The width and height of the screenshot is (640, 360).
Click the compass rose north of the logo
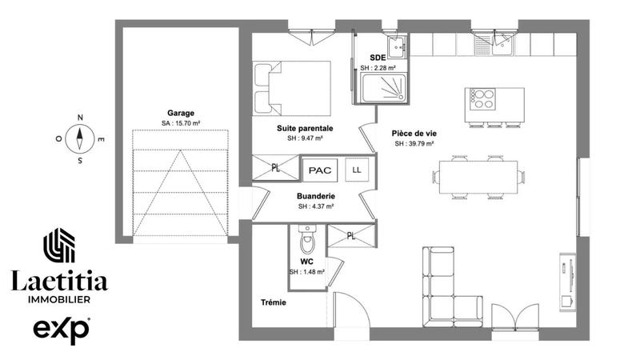point(80,138)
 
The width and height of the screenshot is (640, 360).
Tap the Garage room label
point(181,113)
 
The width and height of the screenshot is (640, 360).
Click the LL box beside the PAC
point(356,170)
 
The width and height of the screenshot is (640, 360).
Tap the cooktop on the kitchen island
point(482,100)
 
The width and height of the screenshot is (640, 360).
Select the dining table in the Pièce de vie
point(480,176)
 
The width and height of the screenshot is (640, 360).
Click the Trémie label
point(273,302)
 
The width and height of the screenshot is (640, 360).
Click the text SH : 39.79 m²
point(414,144)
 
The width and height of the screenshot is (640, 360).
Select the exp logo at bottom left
point(61,329)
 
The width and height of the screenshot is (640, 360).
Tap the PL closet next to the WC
point(350,235)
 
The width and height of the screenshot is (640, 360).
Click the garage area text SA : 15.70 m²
point(181,123)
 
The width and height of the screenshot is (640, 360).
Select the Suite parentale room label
point(305,128)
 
